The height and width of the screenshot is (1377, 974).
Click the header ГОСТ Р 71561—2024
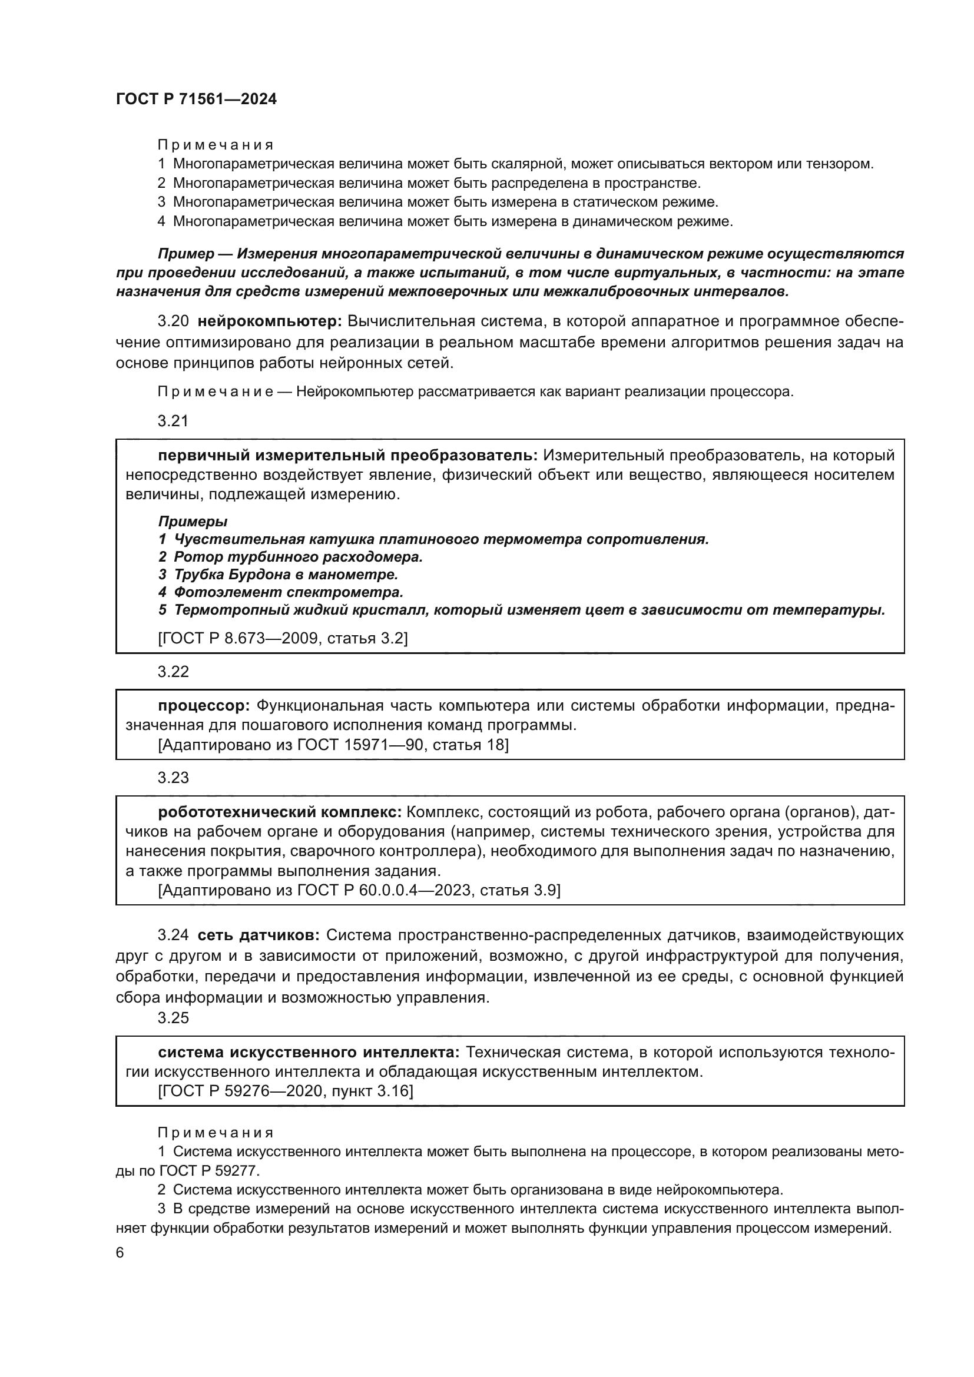pos(196,99)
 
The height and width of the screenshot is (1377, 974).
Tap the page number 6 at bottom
pos(120,1253)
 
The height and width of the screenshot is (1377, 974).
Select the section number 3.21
pos(173,421)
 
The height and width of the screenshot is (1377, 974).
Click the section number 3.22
pos(173,672)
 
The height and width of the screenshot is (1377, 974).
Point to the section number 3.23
pos(173,778)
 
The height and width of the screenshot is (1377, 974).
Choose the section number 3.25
pos(173,1018)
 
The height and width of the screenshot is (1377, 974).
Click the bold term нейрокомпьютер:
pos(269,321)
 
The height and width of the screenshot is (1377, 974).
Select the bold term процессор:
pos(204,705)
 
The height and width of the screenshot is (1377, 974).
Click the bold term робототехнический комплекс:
pos(280,812)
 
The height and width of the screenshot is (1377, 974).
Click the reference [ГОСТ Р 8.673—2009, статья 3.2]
pos(283,638)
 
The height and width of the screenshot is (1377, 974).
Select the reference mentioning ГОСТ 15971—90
pos(333,745)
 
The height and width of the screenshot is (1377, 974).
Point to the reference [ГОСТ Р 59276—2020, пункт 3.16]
pos(286,1090)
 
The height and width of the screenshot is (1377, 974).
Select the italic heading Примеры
pos(193,521)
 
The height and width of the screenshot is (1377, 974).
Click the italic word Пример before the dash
pos(186,254)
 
